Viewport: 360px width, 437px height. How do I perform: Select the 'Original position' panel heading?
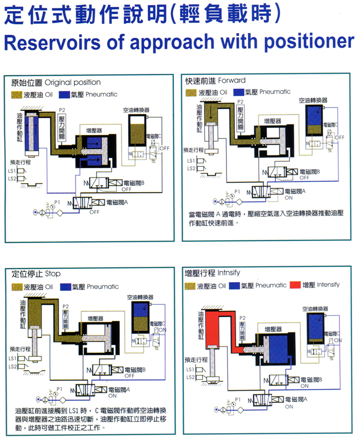coord(79,82)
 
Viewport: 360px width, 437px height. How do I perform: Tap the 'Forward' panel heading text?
coord(229,80)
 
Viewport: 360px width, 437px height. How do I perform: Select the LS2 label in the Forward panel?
coord(191,169)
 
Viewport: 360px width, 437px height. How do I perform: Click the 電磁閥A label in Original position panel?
coord(117,202)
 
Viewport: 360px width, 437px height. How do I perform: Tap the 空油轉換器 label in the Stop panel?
coord(140,296)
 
